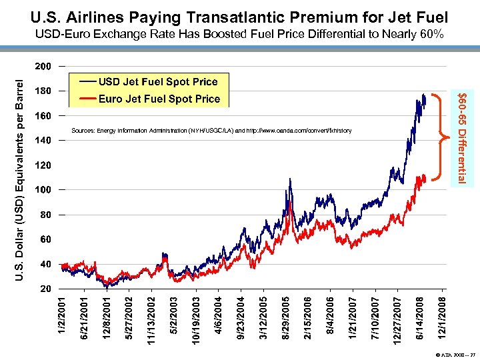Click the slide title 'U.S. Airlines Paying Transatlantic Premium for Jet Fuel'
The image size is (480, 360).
coord(240,16)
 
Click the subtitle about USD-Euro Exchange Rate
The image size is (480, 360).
coord(239,34)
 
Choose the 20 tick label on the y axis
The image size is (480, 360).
coord(43,289)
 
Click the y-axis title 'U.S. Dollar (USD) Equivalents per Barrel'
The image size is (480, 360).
coord(20,177)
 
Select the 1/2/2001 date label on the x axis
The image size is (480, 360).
coord(61,316)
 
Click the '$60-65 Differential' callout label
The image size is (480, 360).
coord(459,137)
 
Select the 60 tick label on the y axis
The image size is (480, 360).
coord(43,239)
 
